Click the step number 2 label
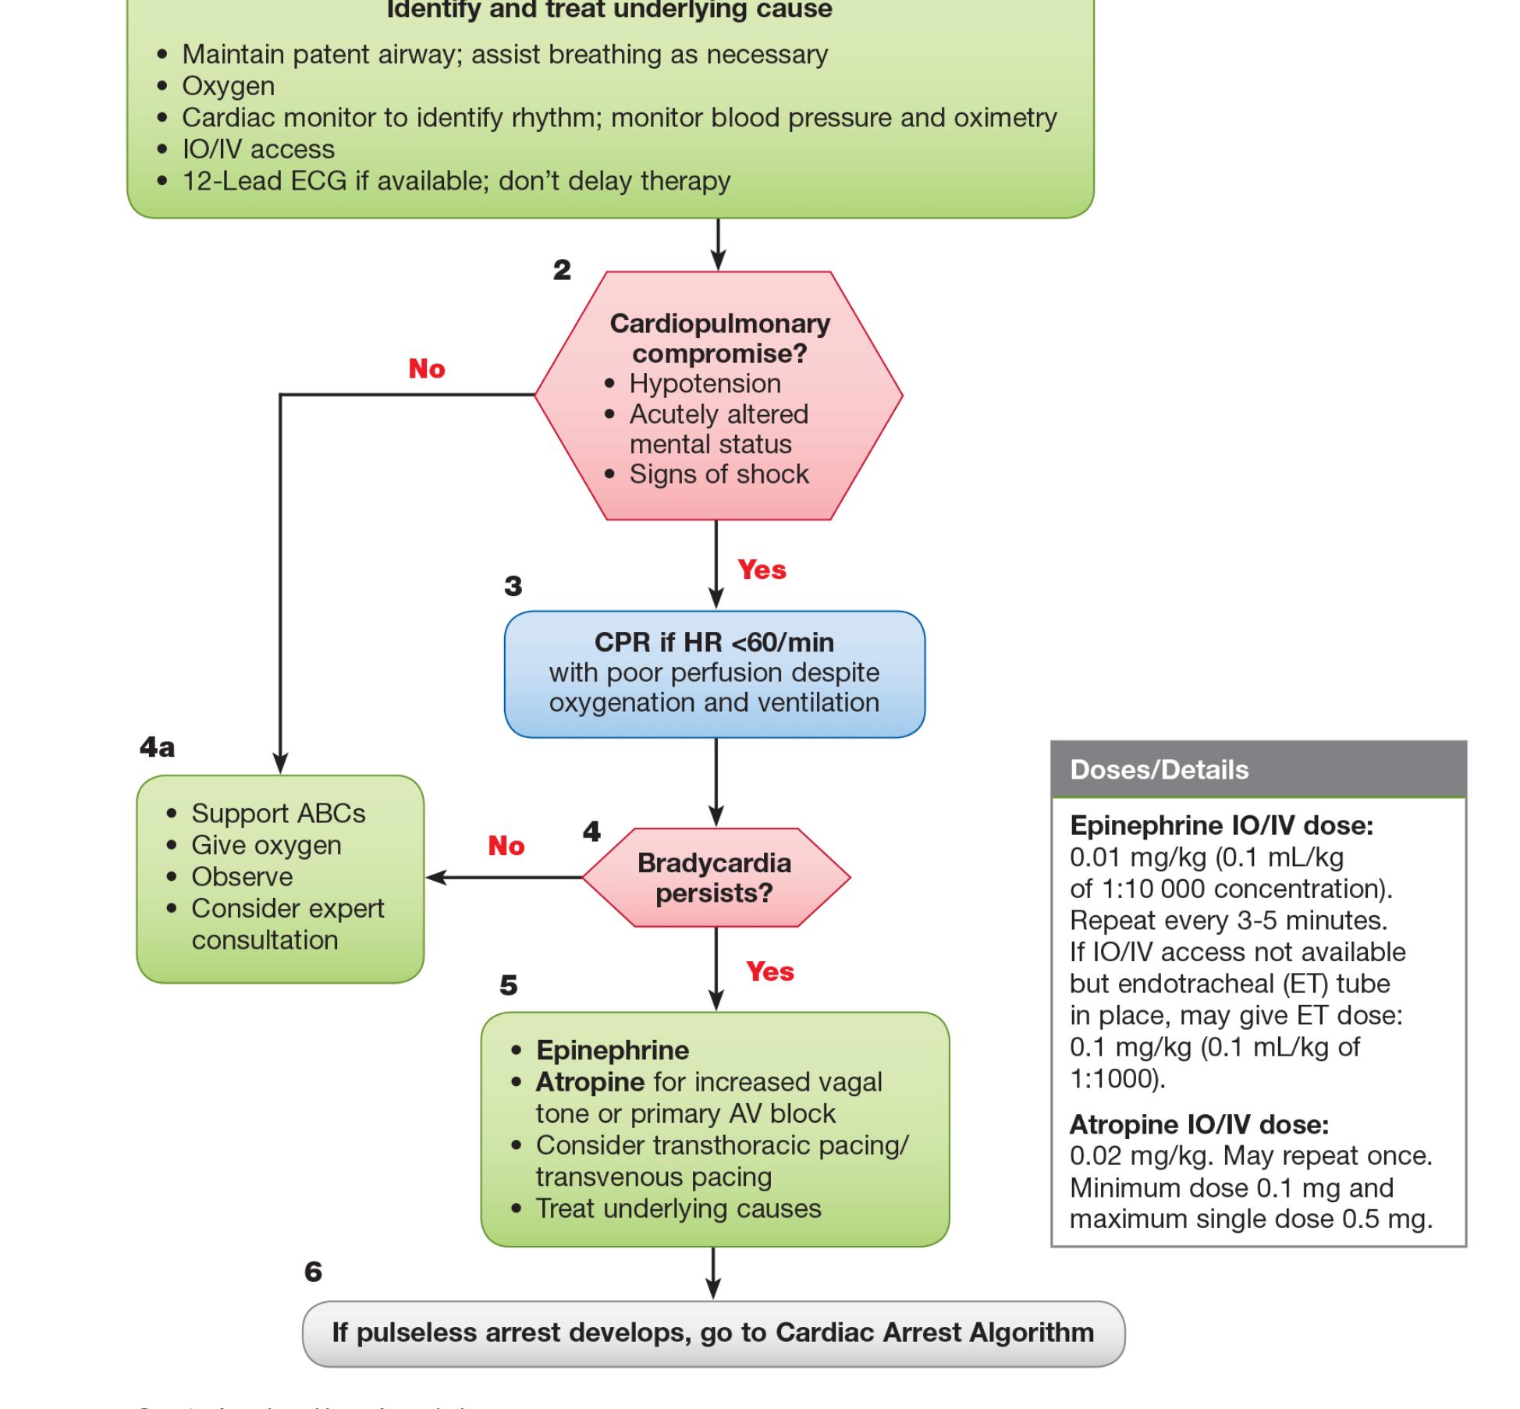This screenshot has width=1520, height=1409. [x=562, y=270]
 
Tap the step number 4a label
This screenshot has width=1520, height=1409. [x=157, y=747]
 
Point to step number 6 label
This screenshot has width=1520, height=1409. [x=313, y=1272]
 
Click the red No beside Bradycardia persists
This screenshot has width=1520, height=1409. [x=506, y=846]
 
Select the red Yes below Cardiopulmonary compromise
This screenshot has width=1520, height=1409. [x=762, y=570]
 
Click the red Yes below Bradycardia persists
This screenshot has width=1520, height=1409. [x=769, y=972]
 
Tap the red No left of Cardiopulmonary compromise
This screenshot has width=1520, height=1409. [x=426, y=369]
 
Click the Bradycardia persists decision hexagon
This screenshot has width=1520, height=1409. [x=715, y=878]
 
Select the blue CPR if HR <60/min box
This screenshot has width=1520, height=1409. [x=714, y=673]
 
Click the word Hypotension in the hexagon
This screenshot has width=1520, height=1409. [x=705, y=384]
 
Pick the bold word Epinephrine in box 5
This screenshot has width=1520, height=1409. [x=613, y=1050]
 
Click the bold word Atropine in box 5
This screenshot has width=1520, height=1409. [x=590, y=1082]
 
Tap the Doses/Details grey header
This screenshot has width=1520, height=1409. [x=1258, y=770]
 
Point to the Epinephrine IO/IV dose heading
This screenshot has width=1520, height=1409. [x=1221, y=825]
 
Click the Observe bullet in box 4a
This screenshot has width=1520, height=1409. [x=242, y=877]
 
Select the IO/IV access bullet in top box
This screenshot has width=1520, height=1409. [x=258, y=149]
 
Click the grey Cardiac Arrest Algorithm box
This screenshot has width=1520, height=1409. [x=713, y=1333]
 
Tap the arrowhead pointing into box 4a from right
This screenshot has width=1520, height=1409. [x=434, y=877]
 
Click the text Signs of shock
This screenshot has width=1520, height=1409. [x=719, y=474]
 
